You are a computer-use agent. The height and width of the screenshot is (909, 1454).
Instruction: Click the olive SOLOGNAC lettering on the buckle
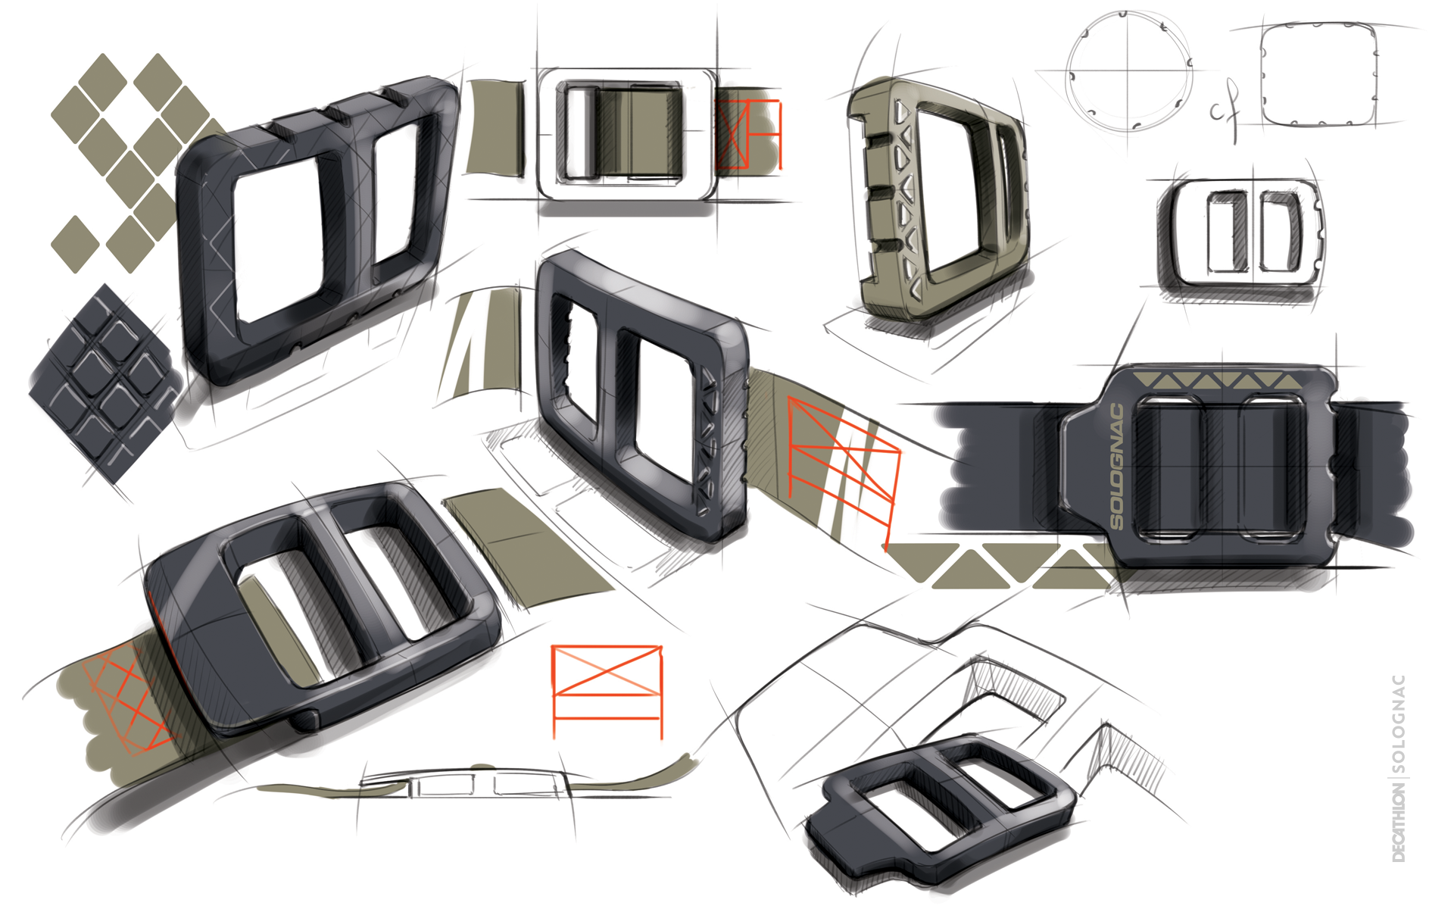[1116, 467]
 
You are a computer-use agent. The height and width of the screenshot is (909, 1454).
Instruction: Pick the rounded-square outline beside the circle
[1318, 74]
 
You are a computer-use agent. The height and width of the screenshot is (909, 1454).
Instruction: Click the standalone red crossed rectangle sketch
[607, 691]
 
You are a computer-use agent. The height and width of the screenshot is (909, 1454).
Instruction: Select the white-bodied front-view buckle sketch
[627, 135]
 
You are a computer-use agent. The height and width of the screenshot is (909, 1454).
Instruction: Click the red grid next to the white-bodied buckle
[748, 134]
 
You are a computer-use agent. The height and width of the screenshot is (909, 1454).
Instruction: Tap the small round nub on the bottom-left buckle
[304, 720]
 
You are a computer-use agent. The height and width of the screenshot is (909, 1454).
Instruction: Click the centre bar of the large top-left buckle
[350, 208]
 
